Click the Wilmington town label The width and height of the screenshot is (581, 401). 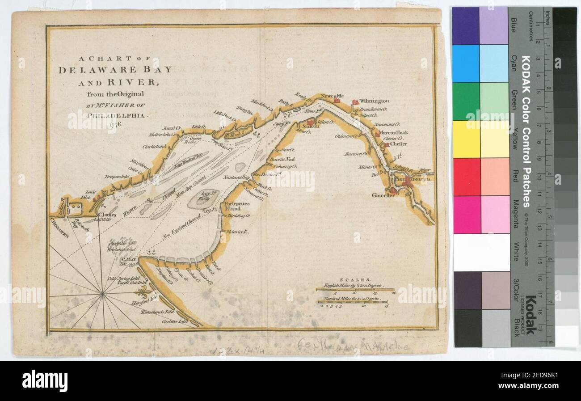coord(374,101)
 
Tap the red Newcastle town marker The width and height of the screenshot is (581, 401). coord(337,101)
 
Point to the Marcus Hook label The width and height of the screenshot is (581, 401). coord(394,133)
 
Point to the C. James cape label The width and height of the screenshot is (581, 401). coord(106,215)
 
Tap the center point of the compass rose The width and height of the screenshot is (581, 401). coord(103,293)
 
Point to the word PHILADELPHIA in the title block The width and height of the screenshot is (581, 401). coord(116,115)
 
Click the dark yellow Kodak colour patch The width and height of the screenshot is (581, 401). coord(465,139)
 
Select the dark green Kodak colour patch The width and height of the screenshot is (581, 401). coord(465,101)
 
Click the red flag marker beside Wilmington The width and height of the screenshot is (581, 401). coord(355,102)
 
